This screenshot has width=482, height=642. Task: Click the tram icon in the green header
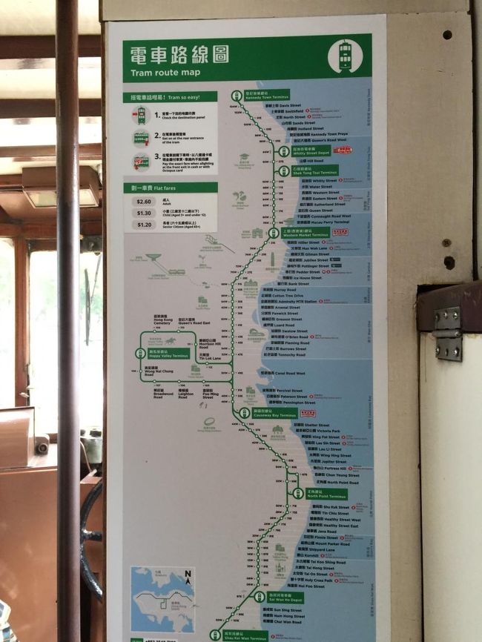coord(345,55)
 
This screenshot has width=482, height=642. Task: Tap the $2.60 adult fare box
coord(144,201)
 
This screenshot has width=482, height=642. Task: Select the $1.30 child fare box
coord(144,213)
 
